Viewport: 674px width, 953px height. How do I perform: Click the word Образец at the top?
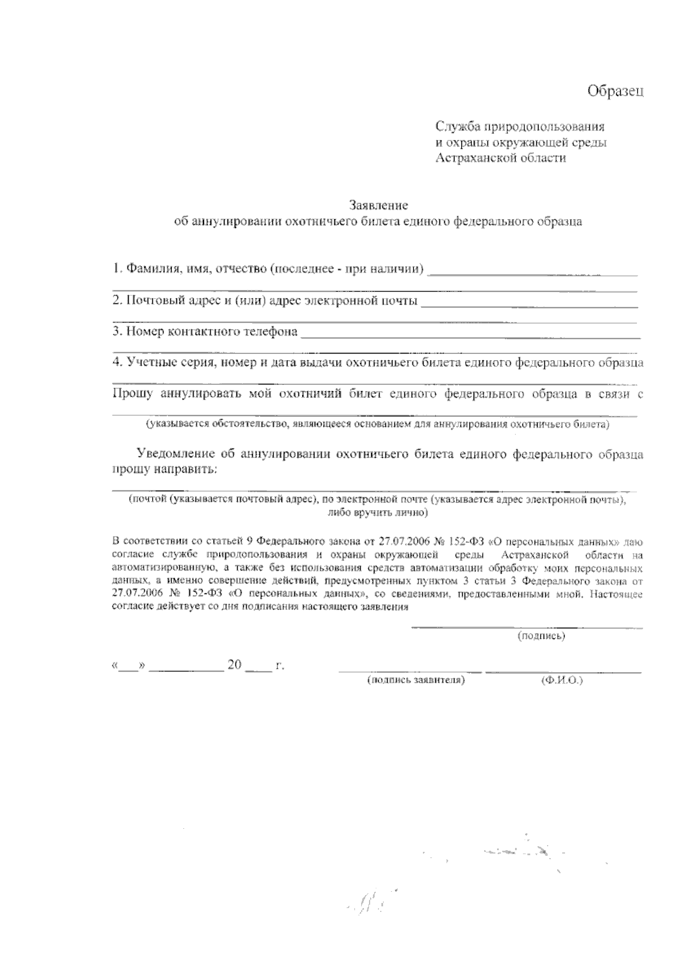[x=615, y=91]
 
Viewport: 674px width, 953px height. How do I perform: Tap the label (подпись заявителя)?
[x=416, y=680]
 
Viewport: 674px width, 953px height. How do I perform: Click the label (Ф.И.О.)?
[x=562, y=680]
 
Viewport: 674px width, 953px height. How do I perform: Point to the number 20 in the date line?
[x=234, y=665]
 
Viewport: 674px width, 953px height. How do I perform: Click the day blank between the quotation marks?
[x=129, y=666]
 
